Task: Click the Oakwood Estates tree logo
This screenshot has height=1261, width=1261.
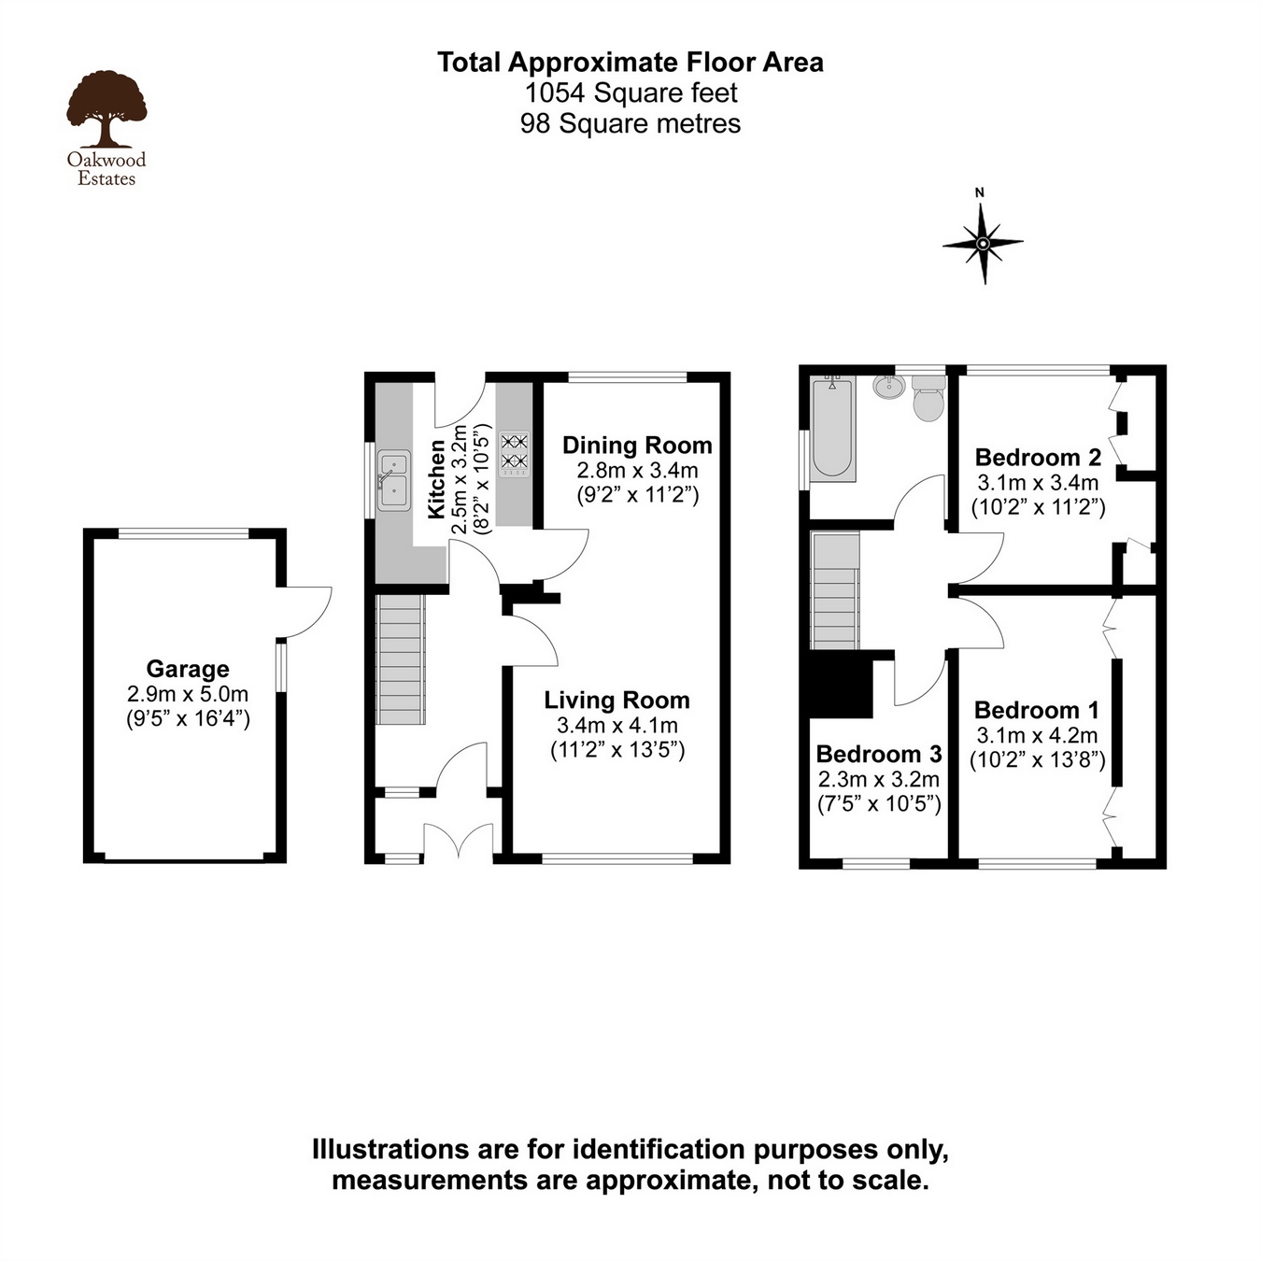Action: [x=106, y=110]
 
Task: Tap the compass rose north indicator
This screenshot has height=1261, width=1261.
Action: [x=982, y=242]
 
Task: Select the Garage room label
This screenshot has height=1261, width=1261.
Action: [x=188, y=669]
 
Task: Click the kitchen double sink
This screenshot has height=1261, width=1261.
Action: [x=393, y=480]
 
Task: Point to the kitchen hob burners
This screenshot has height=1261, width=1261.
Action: [x=514, y=450]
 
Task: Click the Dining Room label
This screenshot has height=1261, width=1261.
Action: [x=637, y=446]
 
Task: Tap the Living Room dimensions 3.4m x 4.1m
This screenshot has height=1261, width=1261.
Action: [x=617, y=725]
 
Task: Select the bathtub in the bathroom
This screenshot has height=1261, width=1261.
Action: [x=832, y=429]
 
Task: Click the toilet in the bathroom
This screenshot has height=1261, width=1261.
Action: [x=928, y=399]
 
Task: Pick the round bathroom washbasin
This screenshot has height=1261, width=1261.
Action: [x=888, y=386]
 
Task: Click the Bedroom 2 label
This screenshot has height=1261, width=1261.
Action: [x=1038, y=458]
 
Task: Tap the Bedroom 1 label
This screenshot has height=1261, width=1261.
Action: [x=1036, y=710]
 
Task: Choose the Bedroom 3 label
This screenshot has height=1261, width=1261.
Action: [x=879, y=754]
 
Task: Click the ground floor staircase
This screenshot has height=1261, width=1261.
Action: [x=401, y=659]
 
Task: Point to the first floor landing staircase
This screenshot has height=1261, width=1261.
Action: [x=835, y=590]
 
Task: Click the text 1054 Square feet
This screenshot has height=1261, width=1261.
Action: [x=630, y=93]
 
